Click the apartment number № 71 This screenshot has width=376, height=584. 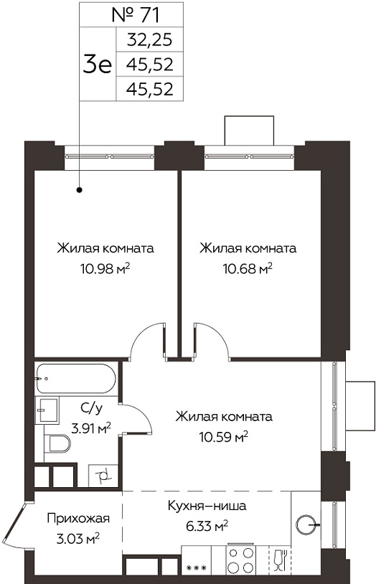pyautogui.click(x=136, y=15)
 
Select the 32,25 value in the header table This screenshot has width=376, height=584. pyautogui.click(x=150, y=39)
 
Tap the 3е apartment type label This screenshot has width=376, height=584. pyautogui.click(x=98, y=64)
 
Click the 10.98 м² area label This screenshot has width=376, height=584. pyautogui.click(x=105, y=268)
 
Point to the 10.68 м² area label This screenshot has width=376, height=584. pyautogui.click(x=248, y=268)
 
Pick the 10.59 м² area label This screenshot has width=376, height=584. pyautogui.click(x=224, y=436)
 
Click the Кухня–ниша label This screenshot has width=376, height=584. pyautogui.click(x=207, y=507)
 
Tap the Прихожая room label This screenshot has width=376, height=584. pyautogui.click(x=78, y=519)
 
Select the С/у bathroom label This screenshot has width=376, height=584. pyautogui.click(x=91, y=408)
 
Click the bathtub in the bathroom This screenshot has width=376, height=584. pyautogui.click(x=76, y=378)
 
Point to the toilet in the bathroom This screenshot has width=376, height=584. pyautogui.click(x=57, y=443)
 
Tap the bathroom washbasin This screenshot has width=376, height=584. pyautogui.click(x=47, y=410)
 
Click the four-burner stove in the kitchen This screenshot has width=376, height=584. pyautogui.click(x=240, y=561)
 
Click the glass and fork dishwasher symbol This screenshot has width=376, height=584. pyautogui.click(x=280, y=560)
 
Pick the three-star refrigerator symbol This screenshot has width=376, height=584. pyautogui.click(x=197, y=568)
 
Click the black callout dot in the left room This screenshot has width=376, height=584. pyautogui.click(x=79, y=190)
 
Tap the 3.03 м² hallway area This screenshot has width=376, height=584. pyautogui.click(x=78, y=539)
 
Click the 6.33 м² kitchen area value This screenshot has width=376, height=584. pyautogui.click(x=207, y=527)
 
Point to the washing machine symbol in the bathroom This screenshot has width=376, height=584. pyautogui.click(x=103, y=476)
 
